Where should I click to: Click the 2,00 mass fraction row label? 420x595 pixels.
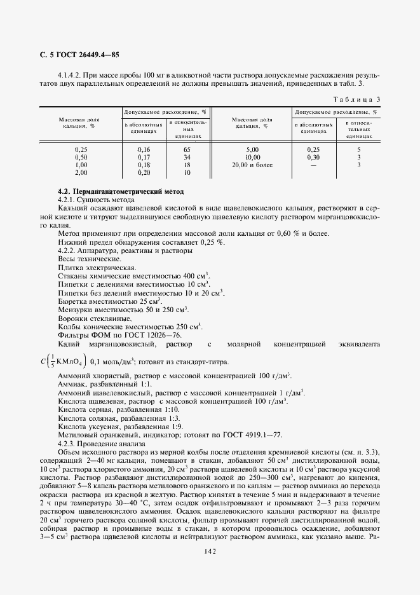coord(81,172)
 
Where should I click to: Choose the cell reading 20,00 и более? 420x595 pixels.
coord(252,165)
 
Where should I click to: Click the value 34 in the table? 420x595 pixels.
coord(187,156)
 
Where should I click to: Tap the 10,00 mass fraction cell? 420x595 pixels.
coord(252,156)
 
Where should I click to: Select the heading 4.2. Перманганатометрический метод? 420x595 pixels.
coord(119,191)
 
